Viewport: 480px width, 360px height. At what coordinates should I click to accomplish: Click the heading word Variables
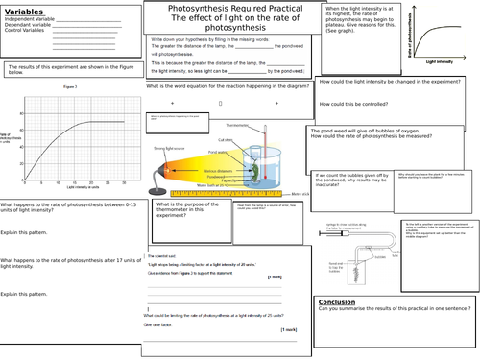click(x=26, y=12)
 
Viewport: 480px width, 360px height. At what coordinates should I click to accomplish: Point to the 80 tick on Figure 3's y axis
click(x=28, y=120)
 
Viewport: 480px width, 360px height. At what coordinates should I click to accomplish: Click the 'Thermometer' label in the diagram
click(x=237, y=125)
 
